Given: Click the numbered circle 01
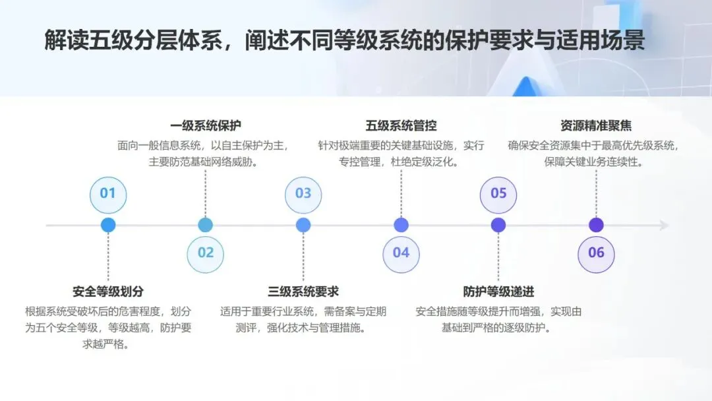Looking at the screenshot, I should click(107, 193).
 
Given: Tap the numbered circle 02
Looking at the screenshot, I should click(206, 253).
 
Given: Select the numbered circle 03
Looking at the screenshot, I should click(303, 193).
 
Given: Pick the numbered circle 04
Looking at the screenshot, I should click(401, 253).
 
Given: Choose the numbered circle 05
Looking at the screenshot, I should click(498, 193).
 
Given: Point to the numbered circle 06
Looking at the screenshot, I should click(596, 253).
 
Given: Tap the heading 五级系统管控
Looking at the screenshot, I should click(401, 126).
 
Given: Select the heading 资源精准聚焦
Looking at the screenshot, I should click(596, 126).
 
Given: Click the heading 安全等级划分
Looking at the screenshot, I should click(107, 292).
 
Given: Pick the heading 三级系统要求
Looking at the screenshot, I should click(303, 292).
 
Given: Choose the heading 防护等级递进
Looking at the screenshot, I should click(498, 292).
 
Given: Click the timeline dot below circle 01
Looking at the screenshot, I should click(108, 225).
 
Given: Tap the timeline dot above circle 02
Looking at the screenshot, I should click(206, 225).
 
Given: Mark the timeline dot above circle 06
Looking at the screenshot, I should click(596, 225).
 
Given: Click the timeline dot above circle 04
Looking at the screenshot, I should click(401, 225).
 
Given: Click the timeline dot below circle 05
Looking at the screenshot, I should click(498, 225).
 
